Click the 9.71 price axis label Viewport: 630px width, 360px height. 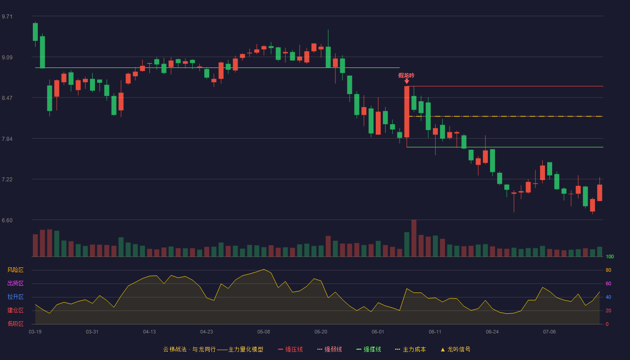pyautogui.click(x=7, y=17)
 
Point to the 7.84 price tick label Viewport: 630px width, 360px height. pyautogui.click(x=7, y=139)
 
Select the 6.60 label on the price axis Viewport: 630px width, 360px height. pyautogui.click(x=7, y=220)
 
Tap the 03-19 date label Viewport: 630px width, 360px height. pyautogui.click(x=35, y=332)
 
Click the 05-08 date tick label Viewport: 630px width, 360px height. pyautogui.click(x=264, y=332)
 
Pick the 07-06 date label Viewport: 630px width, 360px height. pyautogui.click(x=549, y=332)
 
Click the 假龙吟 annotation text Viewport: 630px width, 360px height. pyautogui.click(x=406, y=76)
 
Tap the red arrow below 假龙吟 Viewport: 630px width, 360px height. pyautogui.click(x=407, y=81)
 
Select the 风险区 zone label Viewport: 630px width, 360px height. pyautogui.click(x=15, y=270)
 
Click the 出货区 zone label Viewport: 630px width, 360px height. pyautogui.click(x=15, y=283)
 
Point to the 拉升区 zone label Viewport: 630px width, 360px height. pyautogui.click(x=15, y=297)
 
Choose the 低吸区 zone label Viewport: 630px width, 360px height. pyautogui.click(x=15, y=324)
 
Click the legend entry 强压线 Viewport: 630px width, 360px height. pyautogui.click(x=290, y=349)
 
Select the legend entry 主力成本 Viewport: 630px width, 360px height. pyautogui.click(x=410, y=349)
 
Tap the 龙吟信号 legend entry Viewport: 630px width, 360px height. pyautogui.click(x=455, y=349)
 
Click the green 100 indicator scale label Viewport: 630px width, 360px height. pyautogui.click(x=610, y=256)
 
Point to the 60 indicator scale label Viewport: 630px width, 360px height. pyautogui.click(x=608, y=283)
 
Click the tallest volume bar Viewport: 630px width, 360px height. pyautogui.click(x=414, y=238)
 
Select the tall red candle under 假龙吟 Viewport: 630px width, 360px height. pyautogui.click(x=407, y=112)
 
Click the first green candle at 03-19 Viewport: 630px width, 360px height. pyautogui.click(x=35, y=32)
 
